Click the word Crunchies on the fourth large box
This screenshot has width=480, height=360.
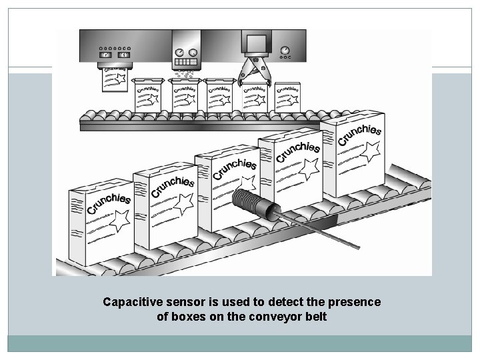tap(297, 150)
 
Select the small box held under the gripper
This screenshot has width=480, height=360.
tap(253, 98)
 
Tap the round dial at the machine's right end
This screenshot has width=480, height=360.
tap(285, 51)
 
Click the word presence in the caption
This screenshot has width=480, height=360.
tap(358, 302)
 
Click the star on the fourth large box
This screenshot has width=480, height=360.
tap(309, 169)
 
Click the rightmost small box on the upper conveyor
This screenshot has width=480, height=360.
tap(287, 97)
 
